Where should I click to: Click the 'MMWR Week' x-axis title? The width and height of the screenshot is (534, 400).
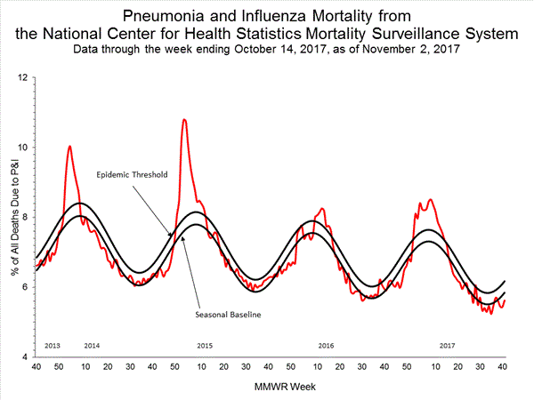pos(268,388)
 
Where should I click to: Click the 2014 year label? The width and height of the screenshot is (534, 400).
pos(92,343)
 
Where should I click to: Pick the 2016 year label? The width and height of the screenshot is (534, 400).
pos(326,343)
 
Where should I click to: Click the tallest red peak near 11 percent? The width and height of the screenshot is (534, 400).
pos(184,119)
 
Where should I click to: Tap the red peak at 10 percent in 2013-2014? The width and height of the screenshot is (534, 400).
pos(69,146)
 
